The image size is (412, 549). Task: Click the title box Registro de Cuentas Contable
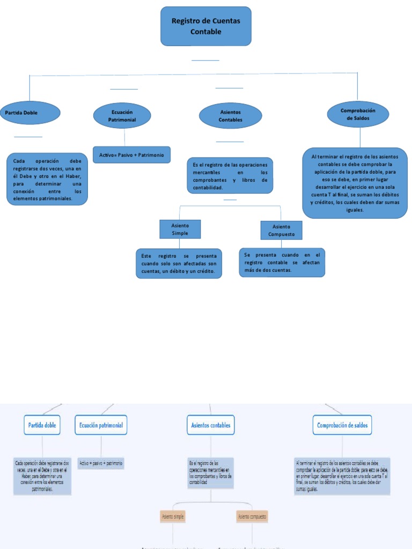(206, 26)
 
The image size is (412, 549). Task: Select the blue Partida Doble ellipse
(30, 113)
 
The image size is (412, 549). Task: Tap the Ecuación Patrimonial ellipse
(122, 116)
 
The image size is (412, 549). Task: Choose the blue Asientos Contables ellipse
(230, 116)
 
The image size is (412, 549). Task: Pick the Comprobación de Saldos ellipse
(358, 114)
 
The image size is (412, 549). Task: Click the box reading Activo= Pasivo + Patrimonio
(131, 155)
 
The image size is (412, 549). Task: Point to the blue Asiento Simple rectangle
(180, 229)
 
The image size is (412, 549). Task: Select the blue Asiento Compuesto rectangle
(281, 230)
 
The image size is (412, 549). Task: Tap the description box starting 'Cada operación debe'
(47, 180)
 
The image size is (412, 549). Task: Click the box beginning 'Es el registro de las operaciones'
(230, 175)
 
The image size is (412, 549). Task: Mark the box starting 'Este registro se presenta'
(179, 264)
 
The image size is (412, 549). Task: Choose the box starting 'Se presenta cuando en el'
(282, 262)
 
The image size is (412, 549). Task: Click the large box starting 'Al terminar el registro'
(355, 183)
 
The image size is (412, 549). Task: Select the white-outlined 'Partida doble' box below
(42, 425)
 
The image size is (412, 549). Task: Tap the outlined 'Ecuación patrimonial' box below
(101, 425)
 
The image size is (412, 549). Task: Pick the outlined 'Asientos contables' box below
(211, 425)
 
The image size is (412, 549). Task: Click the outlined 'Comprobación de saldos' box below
(342, 425)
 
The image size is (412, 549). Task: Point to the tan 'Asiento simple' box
(173, 517)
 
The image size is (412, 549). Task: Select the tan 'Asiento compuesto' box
(252, 517)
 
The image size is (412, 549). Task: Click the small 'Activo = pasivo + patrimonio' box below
(101, 462)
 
